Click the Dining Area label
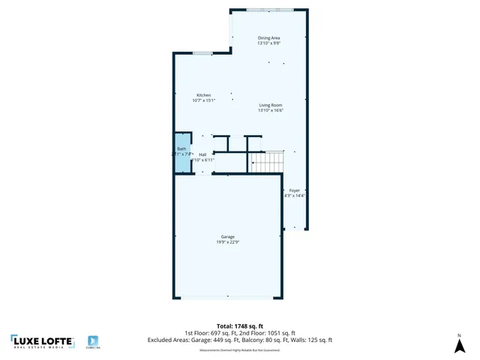(269, 37)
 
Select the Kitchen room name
(204, 95)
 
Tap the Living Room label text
(271, 105)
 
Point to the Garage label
(228, 236)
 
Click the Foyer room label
(295, 190)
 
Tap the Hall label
(202, 154)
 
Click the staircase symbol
(268, 160)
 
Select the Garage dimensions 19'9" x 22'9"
(228, 242)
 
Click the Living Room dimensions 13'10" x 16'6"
(271, 111)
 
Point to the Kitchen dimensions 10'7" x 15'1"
(204, 100)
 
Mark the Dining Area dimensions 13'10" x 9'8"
(269, 43)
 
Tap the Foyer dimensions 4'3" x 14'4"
(295, 196)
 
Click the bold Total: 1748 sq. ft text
(239, 326)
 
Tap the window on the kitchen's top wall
(202, 53)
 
